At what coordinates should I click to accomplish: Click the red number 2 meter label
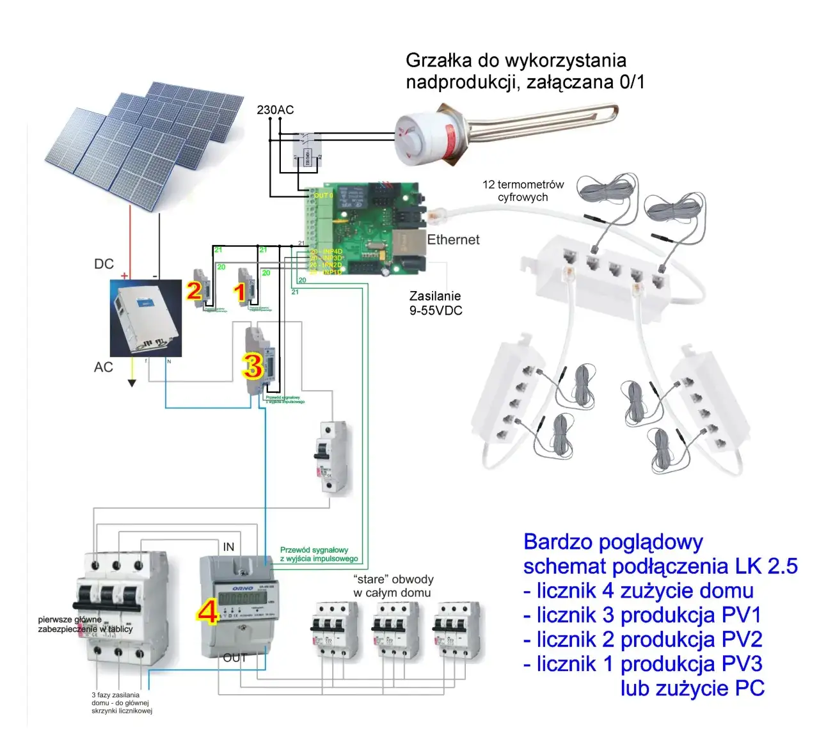[194, 291]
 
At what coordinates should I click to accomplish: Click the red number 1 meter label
[240, 292]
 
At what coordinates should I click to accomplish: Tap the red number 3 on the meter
[252, 366]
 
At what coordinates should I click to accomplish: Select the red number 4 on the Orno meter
[208, 612]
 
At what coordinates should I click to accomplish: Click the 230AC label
[275, 110]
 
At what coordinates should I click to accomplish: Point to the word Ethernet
[453, 240]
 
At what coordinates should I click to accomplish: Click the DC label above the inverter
[104, 264]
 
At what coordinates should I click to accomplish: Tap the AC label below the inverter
[104, 367]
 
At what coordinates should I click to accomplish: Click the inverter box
[146, 318]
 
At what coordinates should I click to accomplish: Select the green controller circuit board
[365, 227]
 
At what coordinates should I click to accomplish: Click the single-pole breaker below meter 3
[331, 456]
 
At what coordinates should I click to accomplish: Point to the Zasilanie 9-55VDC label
[436, 303]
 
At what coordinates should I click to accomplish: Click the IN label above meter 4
[228, 547]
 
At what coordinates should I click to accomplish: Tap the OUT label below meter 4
[235, 658]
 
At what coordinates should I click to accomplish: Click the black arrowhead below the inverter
[132, 383]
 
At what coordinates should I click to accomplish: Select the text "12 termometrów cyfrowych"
[523, 191]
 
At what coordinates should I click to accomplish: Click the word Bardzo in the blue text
[556, 543]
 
